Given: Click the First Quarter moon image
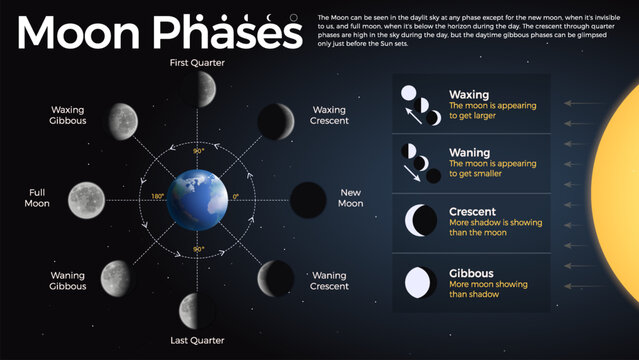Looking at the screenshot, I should (x=197, y=89).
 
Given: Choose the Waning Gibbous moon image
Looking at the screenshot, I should (x=117, y=276).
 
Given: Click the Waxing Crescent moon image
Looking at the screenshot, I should (x=275, y=121).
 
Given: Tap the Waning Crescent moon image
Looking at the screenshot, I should (x=277, y=277).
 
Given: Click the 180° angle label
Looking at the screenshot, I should (x=157, y=197).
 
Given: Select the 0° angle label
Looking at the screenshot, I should (x=236, y=197).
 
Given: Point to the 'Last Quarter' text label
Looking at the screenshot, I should (x=197, y=341).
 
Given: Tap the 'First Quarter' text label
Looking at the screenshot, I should (x=198, y=63).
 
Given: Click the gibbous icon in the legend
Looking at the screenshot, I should (x=419, y=282).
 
